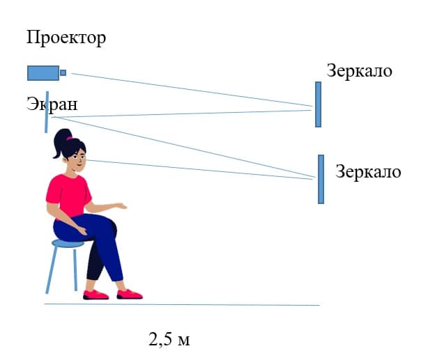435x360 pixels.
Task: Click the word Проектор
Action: click(66, 38)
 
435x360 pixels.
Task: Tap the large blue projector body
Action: click(43, 73)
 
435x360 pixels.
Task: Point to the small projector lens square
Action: click(63, 72)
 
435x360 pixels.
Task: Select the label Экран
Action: click(52, 104)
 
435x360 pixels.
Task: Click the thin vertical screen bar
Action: click(47, 112)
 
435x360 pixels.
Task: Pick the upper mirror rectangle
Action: click(318, 104)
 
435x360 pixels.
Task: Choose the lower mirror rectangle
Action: click(321, 180)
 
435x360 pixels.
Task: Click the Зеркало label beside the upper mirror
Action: click(359, 70)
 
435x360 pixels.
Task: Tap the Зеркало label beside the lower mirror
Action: click(368, 171)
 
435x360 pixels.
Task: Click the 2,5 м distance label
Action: click(169, 339)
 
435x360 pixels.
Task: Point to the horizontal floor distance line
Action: click(182, 304)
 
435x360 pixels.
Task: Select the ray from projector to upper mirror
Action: click(192, 90)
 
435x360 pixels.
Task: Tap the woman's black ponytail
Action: click(61, 143)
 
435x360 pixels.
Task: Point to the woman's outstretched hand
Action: click(121, 206)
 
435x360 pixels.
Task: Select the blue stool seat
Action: click(68, 244)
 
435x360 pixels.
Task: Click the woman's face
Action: click(78, 160)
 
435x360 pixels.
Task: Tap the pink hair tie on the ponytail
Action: click(69, 138)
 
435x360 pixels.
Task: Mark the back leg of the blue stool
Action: click(75, 269)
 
